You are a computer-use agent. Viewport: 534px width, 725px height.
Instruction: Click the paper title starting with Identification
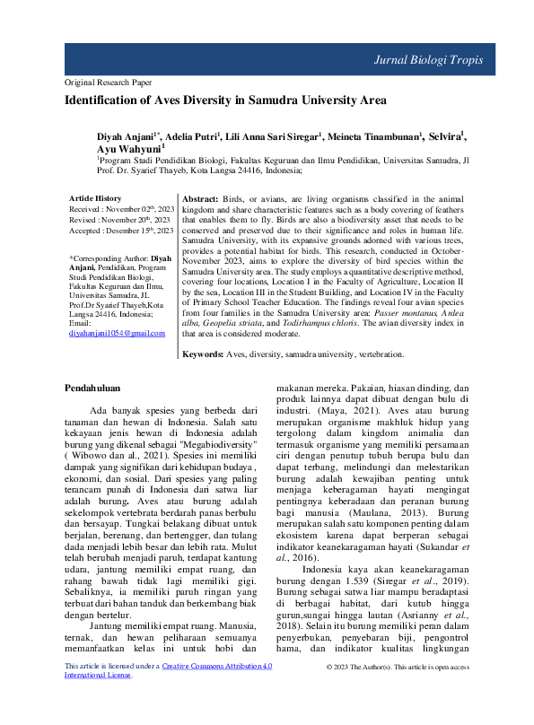tap(225, 100)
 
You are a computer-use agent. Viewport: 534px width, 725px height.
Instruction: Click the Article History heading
tap(95, 197)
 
